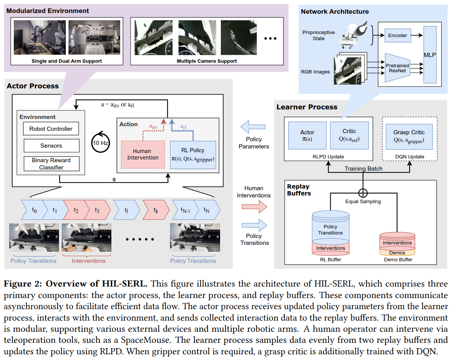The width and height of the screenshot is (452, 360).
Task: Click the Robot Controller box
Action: click(51, 129)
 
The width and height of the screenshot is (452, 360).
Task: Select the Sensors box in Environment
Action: click(51, 146)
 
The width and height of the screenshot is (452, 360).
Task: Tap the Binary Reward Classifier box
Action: click(51, 164)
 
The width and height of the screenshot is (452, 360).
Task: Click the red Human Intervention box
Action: click(143, 155)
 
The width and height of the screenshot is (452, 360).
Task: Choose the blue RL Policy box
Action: click(193, 155)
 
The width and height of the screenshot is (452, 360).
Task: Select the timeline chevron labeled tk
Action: click(155, 210)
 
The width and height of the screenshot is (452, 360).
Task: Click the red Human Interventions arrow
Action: click(255, 207)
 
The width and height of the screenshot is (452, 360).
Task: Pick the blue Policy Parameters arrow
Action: click(254, 127)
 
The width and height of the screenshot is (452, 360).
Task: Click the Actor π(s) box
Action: click(307, 135)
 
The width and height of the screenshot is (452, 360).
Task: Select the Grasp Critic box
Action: click(409, 136)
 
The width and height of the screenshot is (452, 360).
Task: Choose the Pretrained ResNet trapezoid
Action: click(397, 68)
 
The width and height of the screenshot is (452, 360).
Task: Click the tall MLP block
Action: click(430, 55)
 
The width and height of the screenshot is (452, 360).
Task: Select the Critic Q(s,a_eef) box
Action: click(349, 135)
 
